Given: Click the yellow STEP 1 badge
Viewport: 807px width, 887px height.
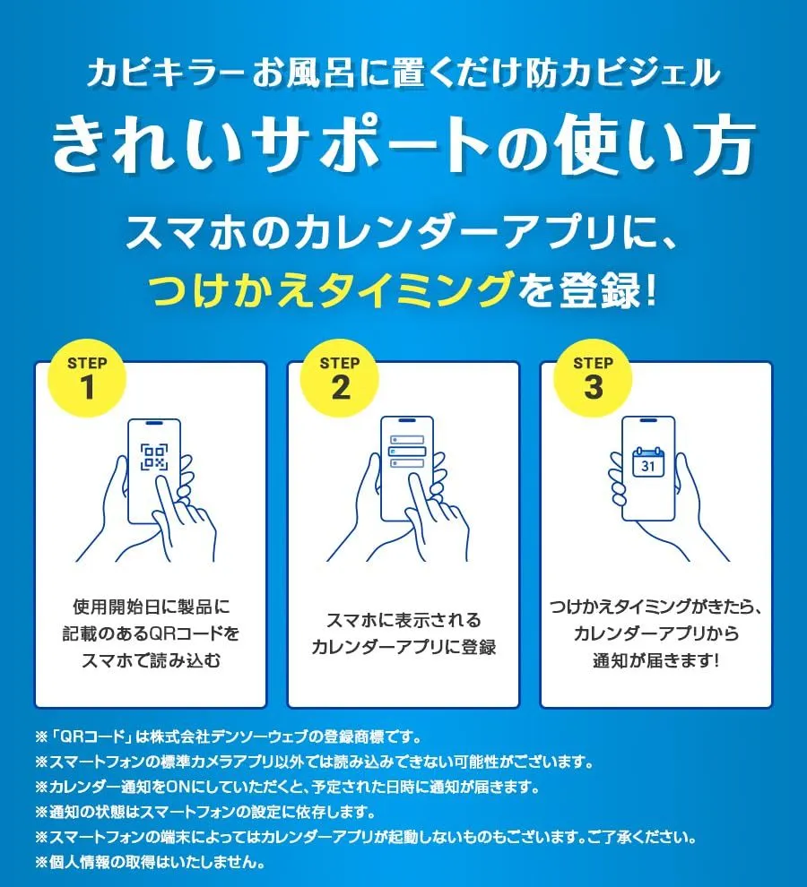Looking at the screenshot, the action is [x=87, y=378].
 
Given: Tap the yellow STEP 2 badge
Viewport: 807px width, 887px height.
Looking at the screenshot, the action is [x=340, y=378].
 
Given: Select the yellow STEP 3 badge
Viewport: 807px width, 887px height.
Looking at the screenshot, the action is [x=593, y=378].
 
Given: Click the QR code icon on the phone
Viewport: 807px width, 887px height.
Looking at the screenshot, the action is [x=154, y=457].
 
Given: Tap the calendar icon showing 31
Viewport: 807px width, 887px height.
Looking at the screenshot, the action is [x=648, y=462].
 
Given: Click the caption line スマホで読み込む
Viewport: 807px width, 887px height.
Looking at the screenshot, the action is [x=151, y=660].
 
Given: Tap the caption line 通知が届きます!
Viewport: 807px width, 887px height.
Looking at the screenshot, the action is [x=656, y=660].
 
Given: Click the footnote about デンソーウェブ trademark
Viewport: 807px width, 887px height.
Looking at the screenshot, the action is [x=229, y=737].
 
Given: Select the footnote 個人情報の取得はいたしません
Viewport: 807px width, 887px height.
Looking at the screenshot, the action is [x=150, y=862].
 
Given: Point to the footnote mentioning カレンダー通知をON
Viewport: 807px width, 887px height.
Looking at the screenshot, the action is [x=287, y=787].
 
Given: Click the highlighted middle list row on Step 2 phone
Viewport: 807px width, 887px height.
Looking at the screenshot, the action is [x=406, y=452].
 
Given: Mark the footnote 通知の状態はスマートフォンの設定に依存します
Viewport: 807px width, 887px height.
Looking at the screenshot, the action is [x=205, y=813].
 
